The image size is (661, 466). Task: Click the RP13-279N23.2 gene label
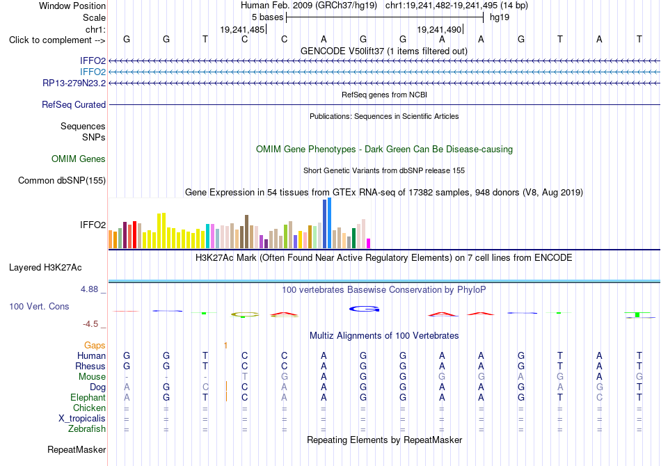pos(74,83)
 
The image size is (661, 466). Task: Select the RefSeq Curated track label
pos(74,104)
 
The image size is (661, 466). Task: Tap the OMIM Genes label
pos(79,159)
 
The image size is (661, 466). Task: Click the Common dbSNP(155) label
pos(62,180)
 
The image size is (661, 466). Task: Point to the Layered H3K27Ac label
pos(45,268)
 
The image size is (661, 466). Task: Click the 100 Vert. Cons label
pos(39,306)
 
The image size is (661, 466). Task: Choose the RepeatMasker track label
pos(77,449)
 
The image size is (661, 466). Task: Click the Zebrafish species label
pos(87,429)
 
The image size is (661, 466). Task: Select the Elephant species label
pos(88,398)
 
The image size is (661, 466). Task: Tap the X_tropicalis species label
pos(82,419)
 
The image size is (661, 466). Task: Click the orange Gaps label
pos(95,346)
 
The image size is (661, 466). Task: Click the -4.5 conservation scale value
pos(90,324)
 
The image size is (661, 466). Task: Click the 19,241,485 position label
pos(242,29)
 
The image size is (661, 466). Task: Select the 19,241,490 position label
pos(439,29)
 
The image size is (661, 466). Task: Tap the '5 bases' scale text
pos(268,17)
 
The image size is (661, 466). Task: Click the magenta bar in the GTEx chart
pos(368,243)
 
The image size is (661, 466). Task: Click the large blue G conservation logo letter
pos(364,310)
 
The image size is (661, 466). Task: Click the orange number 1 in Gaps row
pos(226,346)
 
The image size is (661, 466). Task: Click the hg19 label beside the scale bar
pos(500,17)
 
